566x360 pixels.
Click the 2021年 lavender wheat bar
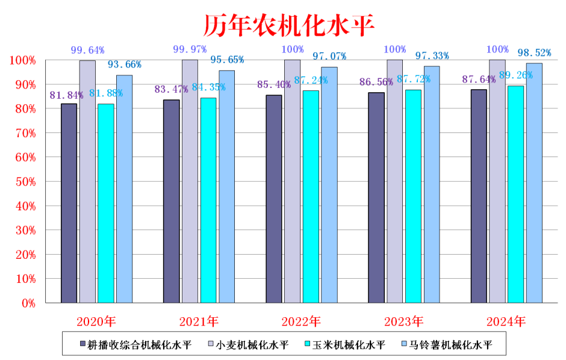pyautogui.click(x=190, y=181)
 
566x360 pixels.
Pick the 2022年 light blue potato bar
pyautogui.click(x=329, y=184)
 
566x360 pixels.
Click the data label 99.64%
pyautogui.click(x=88, y=50)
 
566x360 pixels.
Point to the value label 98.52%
pyautogui.click(x=533, y=52)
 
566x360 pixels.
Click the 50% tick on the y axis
pyautogui.click(x=23, y=182)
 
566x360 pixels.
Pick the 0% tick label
pyautogui.click(x=28, y=303)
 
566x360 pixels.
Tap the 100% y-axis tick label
pyautogui.click(x=22, y=60)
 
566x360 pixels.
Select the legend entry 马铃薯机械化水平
pyautogui.click(x=446, y=345)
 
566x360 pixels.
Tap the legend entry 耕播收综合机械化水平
pyautogui.click(x=135, y=345)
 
